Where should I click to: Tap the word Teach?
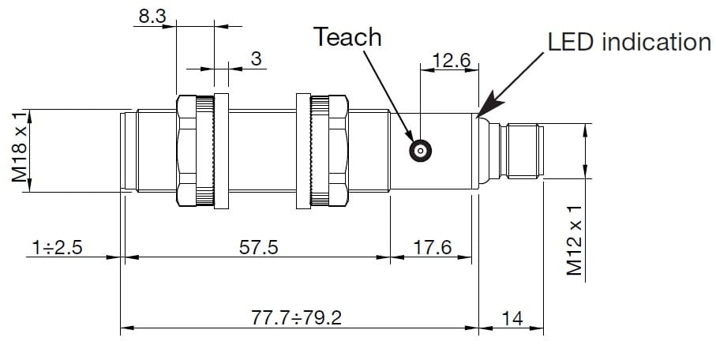347,37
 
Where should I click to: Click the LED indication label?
629,42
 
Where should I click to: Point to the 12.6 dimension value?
451,61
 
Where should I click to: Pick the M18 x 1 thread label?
21,151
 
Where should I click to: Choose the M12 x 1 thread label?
575,241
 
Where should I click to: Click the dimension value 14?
512,318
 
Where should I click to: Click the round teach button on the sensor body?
420,150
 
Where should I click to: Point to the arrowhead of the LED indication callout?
482,111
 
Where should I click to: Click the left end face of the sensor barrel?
122,151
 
